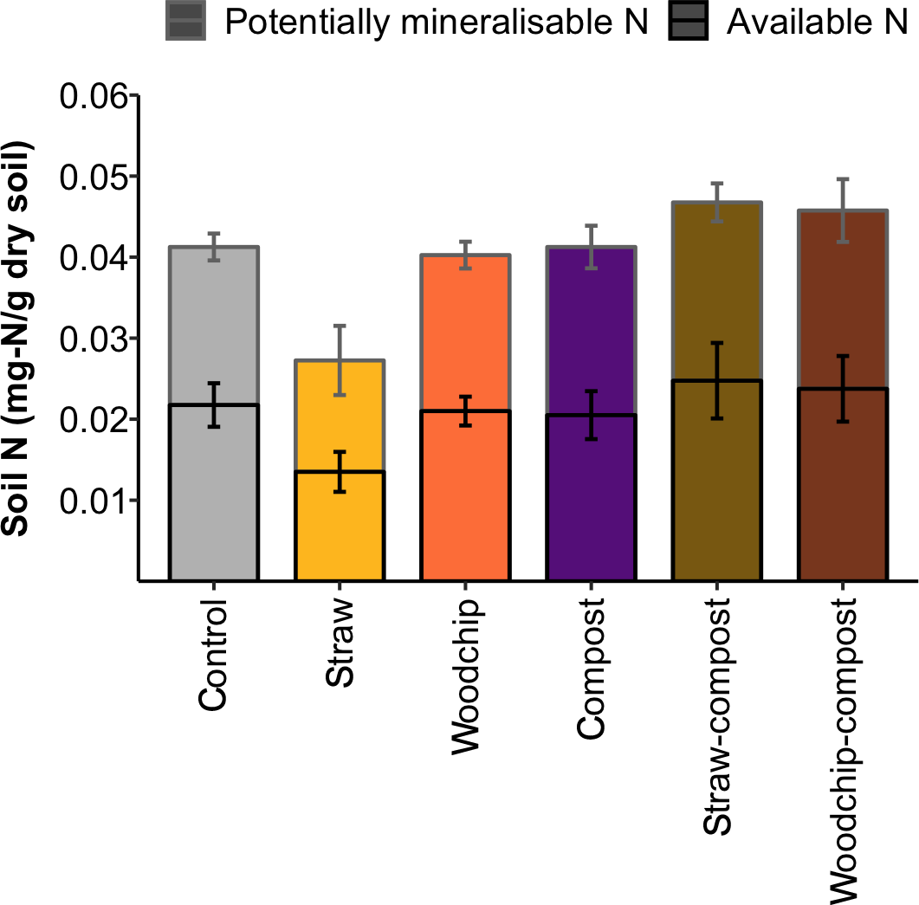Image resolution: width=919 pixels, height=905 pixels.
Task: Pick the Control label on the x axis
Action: click(x=214, y=654)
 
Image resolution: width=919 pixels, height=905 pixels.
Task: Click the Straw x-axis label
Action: click(x=340, y=641)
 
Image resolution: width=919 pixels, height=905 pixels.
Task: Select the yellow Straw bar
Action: click(x=340, y=520)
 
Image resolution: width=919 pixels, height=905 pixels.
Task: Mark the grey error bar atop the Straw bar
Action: click(x=340, y=360)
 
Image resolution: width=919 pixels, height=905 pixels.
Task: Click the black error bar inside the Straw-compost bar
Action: click(x=718, y=381)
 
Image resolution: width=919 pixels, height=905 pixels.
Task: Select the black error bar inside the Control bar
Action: click(x=214, y=404)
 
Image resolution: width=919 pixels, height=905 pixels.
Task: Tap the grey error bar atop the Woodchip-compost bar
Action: click(x=844, y=210)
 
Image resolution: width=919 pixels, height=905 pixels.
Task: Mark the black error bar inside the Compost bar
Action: click(x=592, y=415)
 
